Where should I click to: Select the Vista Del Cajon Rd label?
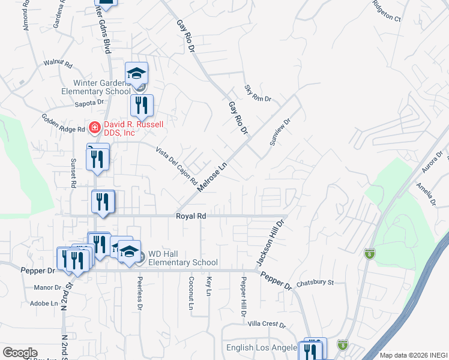pyautogui.click(x=176, y=165)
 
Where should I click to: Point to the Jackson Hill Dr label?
pyautogui.click(x=270, y=242)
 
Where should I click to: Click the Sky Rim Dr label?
pyautogui.click(x=258, y=93)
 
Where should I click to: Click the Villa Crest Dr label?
pyautogui.click(x=266, y=324)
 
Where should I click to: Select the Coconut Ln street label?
pyautogui.click(x=191, y=294)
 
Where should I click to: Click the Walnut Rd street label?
pyautogui.click(x=58, y=62)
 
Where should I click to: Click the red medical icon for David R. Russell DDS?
pyautogui.click(x=94, y=127)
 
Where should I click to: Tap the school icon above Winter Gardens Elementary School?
pyautogui.click(x=136, y=73)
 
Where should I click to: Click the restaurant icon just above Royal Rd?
pyautogui.click(x=103, y=202)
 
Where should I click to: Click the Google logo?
pyautogui.click(x=20, y=353)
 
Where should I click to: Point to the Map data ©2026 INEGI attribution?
pyautogui.click(x=413, y=355)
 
